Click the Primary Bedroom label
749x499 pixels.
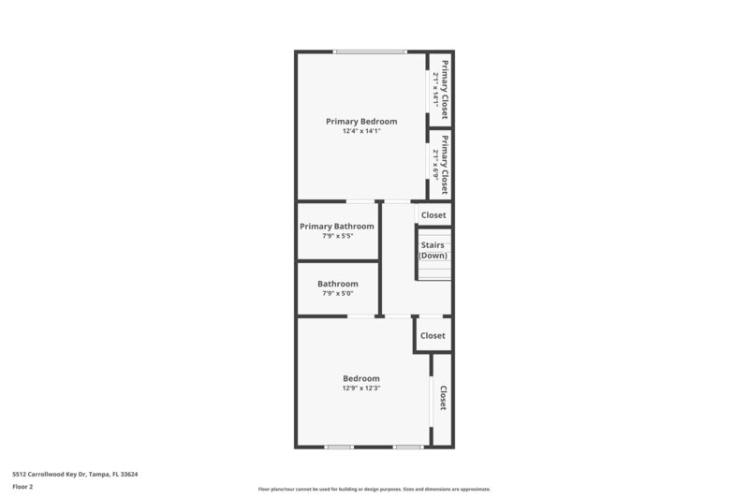coord(361,121)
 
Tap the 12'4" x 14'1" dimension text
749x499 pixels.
coord(361,131)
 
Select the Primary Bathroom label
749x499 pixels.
coord(337,226)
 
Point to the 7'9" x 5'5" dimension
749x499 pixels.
coord(337,236)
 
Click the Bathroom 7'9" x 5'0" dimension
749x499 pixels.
coord(337,294)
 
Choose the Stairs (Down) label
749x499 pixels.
coord(433,250)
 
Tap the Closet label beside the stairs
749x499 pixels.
coord(433,214)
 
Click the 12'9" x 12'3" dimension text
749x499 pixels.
coord(361,388)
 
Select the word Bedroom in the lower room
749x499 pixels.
coord(361,378)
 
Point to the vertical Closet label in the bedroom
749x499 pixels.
coord(443,398)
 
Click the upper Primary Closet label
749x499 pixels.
coord(446,89)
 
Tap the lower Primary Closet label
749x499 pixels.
coord(446,162)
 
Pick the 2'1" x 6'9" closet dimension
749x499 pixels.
coord(435,162)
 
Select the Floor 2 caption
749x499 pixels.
coord(22,487)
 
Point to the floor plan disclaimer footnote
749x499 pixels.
coord(374,489)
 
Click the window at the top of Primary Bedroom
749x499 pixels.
coord(370,51)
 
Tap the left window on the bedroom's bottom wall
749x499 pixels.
coord(338,447)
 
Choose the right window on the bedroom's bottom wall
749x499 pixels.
coord(407,447)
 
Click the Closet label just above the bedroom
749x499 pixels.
coord(433,335)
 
